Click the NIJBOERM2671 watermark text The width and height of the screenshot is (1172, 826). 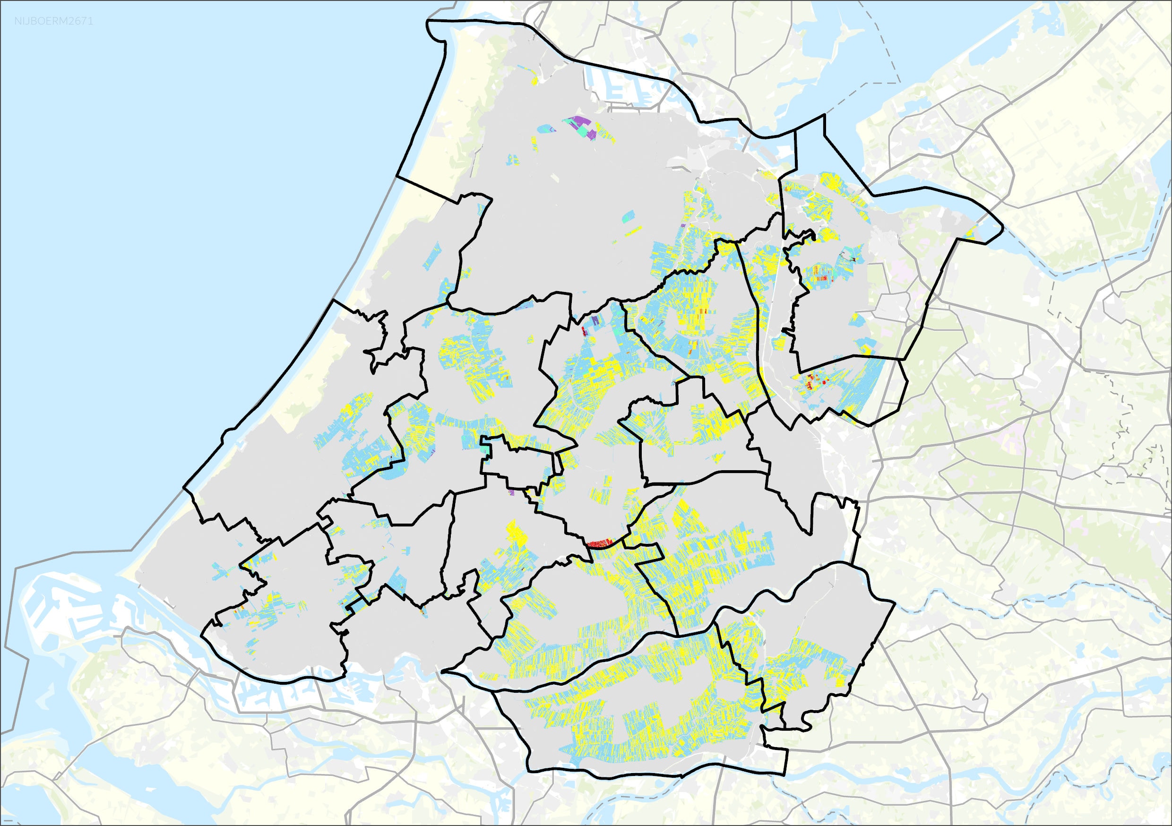coord(53,21)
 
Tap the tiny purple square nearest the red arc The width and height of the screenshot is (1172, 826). coord(511,493)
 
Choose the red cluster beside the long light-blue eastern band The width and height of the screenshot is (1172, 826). coord(814,381)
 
